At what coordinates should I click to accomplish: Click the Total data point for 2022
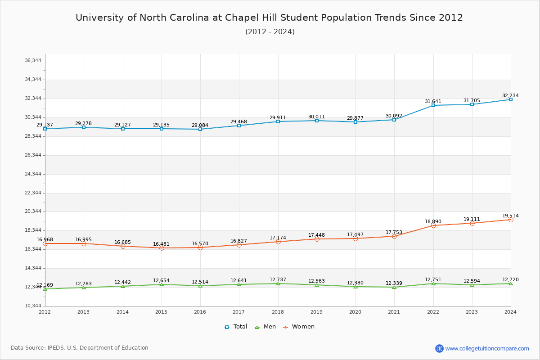pos(433,105)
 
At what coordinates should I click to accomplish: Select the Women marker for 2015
pos(162,248)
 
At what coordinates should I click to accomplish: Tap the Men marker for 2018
pos(278,283)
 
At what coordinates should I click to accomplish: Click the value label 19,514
pos(510,216)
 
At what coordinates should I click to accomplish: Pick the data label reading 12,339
pos(394,283)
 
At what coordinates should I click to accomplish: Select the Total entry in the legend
pos(236,327)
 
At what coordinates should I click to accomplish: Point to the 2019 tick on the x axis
pos(316,312)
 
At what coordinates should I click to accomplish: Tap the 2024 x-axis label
pos(510,312)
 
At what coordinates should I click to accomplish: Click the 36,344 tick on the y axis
pos(33,61)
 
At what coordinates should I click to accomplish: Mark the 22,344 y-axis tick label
pos(33,193)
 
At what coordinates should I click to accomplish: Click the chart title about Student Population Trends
pos(269,18)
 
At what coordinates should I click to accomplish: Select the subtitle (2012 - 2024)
pos(270,32)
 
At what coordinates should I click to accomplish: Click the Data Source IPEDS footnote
pos(80,348)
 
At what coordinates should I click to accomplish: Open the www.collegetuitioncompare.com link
pos(487,348)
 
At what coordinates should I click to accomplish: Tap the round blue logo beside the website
pos(439,348)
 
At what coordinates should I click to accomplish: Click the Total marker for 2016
pos(200,129)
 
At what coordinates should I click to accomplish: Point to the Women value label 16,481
pos(161,244)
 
